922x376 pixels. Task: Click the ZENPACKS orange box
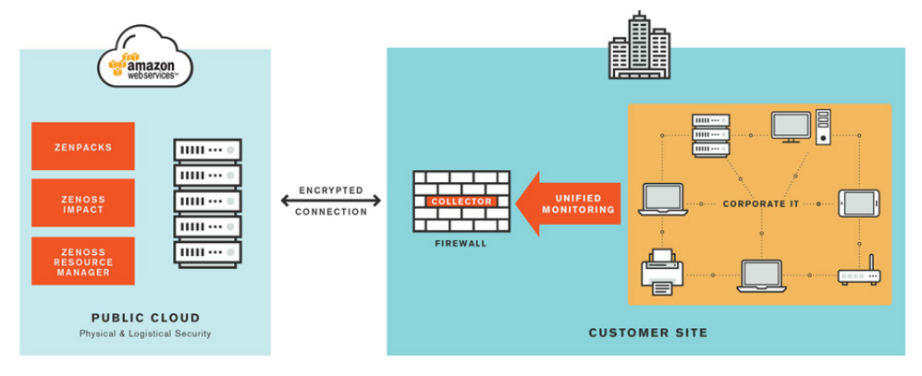[83, 146]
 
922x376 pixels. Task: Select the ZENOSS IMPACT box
[83, 202]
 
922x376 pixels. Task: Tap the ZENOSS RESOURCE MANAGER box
[83, 261]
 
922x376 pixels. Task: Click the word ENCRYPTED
[331, 190]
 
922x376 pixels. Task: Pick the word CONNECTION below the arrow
[331, 212]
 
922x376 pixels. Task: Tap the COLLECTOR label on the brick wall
[461, 201]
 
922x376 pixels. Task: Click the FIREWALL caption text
[461, 244]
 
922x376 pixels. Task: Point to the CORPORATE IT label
[761, 202]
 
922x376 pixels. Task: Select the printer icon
[662, 272]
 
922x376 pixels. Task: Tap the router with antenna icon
[859, 273]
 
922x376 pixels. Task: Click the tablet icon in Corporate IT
[856, 203]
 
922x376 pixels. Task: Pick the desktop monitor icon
[791, 127]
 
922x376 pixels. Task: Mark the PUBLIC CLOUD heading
[145, 318]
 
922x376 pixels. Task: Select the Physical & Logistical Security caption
[145, 334]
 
